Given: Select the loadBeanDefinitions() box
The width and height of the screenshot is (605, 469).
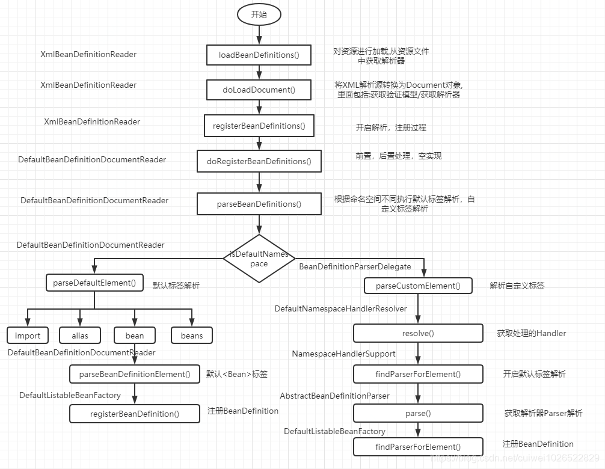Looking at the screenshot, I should [x=259, y=55].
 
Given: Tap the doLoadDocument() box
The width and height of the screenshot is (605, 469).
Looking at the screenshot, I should [x=259, y=90].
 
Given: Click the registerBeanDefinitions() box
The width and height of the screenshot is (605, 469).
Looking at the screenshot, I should [x=259, y=126].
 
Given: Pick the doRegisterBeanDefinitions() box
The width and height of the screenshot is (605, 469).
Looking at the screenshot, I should [x=259, y=161].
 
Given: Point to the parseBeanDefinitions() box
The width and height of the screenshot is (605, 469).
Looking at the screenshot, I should [x=259, y=204].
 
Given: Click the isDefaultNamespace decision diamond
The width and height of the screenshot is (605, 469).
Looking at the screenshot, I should [x=259, y=259].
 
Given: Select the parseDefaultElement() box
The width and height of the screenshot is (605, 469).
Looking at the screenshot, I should [x=94, y=283].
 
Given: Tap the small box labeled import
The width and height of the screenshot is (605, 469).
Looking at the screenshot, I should [x=28, y=336].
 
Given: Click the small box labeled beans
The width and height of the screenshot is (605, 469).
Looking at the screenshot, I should [x=192, y=336].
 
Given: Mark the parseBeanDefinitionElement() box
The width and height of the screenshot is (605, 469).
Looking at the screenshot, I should [x=135, y=374].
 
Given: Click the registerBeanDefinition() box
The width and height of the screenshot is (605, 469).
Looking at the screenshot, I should [x=135, y=414].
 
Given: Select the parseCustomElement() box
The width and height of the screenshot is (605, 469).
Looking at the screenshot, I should [x=418, y=286].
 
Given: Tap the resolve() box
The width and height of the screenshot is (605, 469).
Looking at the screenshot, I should [x=418, y=333].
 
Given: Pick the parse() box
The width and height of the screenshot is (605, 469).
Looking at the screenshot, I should [x=418, y=413].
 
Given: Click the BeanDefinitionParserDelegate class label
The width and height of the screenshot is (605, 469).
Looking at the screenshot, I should [x=355, y=266].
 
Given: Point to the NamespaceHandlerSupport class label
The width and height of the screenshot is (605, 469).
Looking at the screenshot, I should [x=344, y=354].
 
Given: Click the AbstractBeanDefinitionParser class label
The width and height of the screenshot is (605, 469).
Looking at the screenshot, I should [x=335, y=396].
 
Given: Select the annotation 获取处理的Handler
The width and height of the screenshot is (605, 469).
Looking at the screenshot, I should [x=532, y=333].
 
